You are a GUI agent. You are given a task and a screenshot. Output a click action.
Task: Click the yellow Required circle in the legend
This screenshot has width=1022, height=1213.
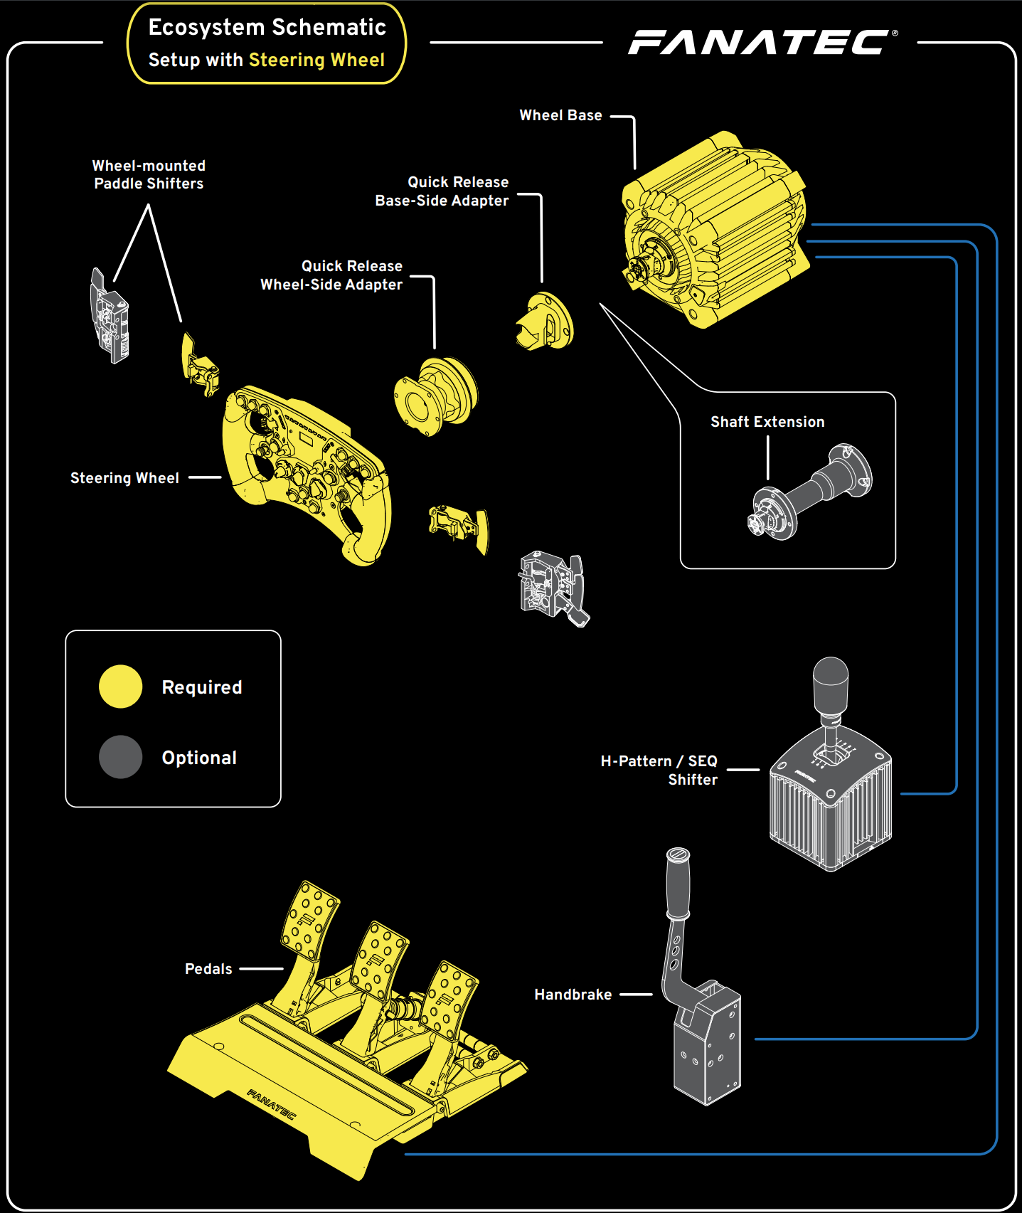(x=120, y=687)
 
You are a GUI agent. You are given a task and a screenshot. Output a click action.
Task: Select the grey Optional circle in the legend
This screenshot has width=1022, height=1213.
(x=120, y=757)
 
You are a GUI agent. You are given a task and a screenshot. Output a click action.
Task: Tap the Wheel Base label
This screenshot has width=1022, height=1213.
(x=560, y=115)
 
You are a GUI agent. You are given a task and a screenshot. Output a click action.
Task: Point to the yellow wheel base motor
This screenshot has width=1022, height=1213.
(x=715, y=231)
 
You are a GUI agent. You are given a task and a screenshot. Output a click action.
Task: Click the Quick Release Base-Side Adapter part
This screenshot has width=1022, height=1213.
(x=544, y=322)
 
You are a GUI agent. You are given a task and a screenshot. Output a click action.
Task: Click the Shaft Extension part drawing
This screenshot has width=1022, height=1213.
(x=811, y=491)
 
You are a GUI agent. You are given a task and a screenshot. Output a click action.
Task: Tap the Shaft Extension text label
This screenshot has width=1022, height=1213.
(x=767, y=422)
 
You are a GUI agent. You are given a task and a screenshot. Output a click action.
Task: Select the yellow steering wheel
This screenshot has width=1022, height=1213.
(x=306, y=473)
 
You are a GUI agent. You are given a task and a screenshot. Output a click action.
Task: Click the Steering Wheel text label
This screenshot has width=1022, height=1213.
(x=124, y=478)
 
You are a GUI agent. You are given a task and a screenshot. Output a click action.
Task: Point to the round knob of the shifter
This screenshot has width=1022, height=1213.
(x=831, y=679)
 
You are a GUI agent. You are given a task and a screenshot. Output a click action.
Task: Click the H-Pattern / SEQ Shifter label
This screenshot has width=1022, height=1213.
(x=659, y=770)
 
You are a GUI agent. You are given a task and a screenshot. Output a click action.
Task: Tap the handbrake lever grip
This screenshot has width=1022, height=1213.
(x=678, y=882)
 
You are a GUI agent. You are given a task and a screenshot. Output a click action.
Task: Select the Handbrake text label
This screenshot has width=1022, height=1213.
(x=573, y=995)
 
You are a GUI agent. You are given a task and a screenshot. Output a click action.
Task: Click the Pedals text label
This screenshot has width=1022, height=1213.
(x=208, y=969)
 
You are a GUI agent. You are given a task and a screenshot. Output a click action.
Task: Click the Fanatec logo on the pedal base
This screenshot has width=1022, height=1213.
(x=271, y=1103)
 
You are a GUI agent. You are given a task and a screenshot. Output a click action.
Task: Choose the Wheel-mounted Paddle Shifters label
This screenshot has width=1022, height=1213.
(x=149, y=175)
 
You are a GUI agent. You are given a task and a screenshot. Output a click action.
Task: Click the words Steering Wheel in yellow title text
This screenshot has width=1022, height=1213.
(x=316, y=60)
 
